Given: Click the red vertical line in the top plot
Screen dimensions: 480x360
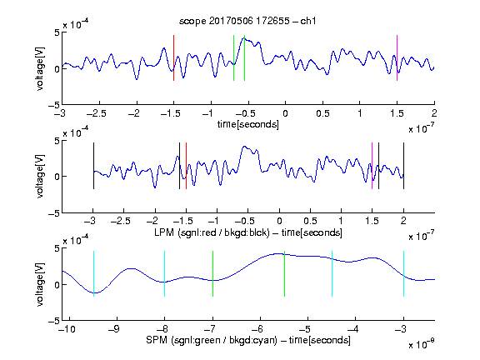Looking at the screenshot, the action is (173, 57).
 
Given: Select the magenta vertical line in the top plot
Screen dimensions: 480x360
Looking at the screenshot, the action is (397, 57).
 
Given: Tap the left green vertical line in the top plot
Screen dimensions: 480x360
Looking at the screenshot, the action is (233, 57).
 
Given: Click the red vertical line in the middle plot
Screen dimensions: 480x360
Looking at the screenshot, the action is (186, 166).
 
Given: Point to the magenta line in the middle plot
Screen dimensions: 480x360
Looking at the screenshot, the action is (372, 166).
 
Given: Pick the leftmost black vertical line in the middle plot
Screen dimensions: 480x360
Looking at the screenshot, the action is (93, 166).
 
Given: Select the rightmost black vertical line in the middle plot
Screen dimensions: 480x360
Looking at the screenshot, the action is (403, 166).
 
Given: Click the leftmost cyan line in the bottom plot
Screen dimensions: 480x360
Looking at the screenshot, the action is (93, 273).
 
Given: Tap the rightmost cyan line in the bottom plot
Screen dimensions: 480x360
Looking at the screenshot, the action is (403, 273).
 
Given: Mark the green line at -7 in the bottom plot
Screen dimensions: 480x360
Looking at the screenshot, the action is (212, 273).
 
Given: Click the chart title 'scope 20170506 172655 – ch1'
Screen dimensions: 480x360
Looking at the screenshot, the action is (247, 21).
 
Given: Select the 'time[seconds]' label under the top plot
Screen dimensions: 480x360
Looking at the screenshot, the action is (248, 124).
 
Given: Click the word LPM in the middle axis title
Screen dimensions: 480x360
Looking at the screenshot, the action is (164, 232).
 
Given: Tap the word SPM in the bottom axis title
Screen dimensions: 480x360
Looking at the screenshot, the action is (157, 340).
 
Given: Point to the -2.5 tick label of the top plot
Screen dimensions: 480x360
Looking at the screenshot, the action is (97, 113).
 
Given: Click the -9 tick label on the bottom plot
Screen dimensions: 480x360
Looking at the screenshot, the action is (114, 329).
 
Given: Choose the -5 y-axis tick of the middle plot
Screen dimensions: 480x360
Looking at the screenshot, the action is (54, 213).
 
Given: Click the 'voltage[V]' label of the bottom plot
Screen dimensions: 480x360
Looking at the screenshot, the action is (40, 284).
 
